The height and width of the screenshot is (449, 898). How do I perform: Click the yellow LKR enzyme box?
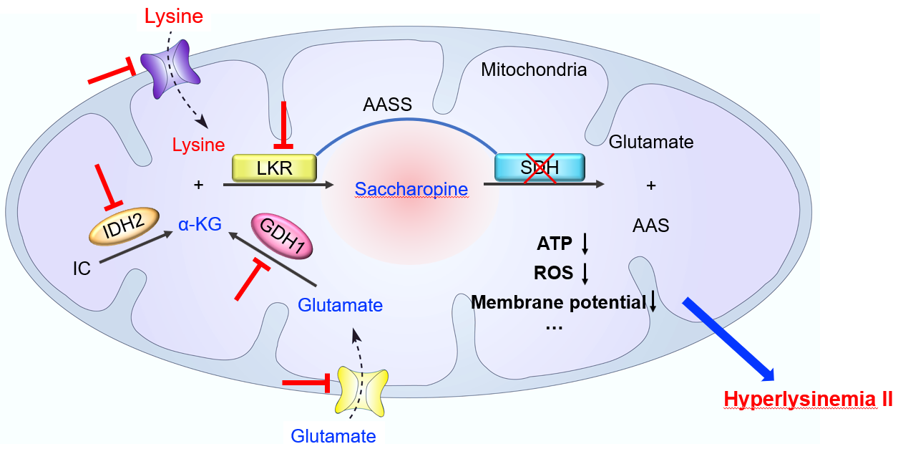[275, 168]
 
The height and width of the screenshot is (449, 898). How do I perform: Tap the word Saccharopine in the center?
[411, 190]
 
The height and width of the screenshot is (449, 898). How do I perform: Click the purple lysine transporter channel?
[170, 67]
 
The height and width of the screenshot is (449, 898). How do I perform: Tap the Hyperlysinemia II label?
[808, 399]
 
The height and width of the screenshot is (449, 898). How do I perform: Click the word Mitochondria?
[534, 70]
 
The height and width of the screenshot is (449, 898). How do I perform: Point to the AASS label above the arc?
[388, 105]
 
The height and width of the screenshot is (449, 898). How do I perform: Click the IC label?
[82, 269]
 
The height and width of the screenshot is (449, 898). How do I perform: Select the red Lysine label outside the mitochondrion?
[175, 16]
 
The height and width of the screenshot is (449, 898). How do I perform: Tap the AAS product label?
[650, 226]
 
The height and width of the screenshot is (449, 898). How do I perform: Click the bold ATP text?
[555, 244]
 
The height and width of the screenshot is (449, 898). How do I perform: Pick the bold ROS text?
[554, 273]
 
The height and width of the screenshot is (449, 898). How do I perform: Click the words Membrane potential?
[558, 303]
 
